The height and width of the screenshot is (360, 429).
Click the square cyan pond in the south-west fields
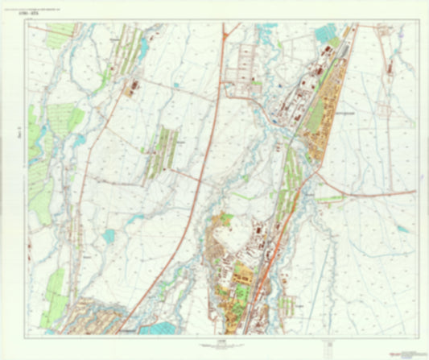109,235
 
